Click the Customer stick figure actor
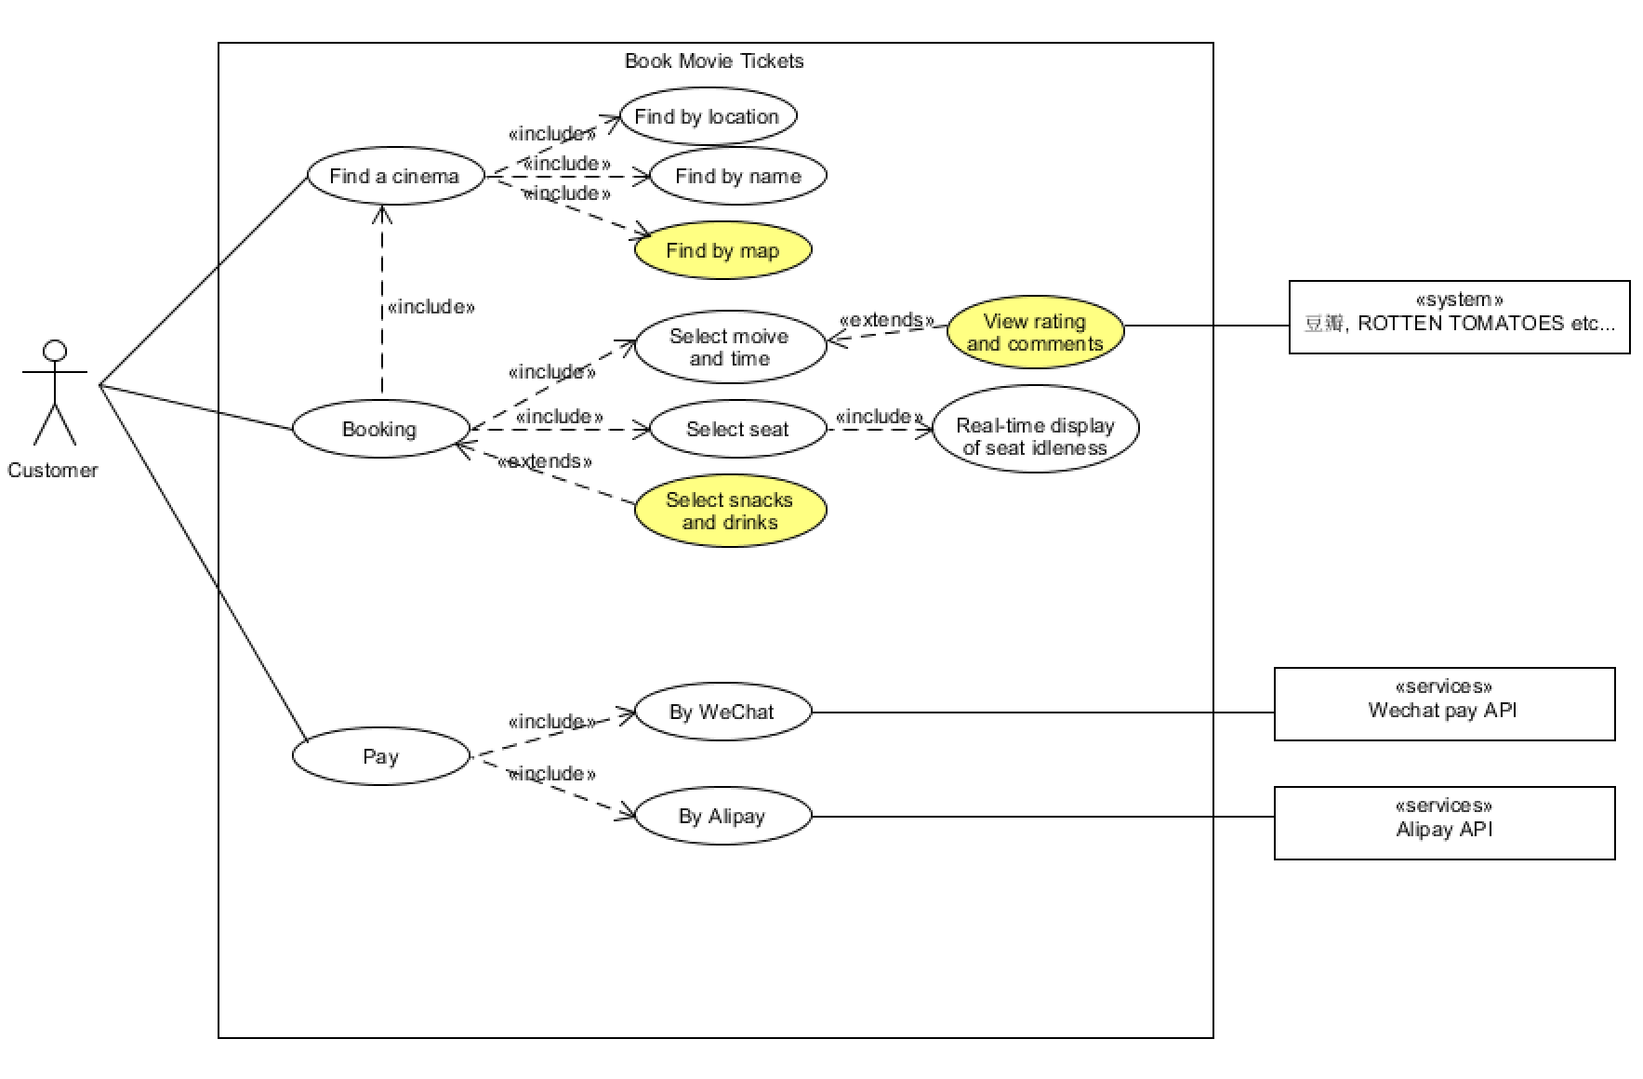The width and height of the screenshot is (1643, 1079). click(55, 393)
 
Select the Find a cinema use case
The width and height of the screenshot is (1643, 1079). click(395, 176)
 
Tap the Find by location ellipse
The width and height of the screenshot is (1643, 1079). click(708, 117)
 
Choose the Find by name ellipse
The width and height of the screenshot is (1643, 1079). click(737, 176)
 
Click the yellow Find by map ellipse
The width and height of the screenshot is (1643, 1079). click(722, 250)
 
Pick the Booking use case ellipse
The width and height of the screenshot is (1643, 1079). click(380, 429)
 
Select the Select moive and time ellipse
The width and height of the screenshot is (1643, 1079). click(730, 347)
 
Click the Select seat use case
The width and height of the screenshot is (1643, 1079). click(737, 429)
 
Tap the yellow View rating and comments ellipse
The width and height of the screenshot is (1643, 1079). click(1035, 332)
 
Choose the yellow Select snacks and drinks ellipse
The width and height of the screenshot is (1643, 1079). click(730, 511)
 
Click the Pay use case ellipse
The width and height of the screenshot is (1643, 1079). click(380, 756)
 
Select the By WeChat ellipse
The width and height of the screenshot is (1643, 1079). click(722, 712)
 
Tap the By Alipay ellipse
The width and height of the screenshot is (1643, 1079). click(722, 816)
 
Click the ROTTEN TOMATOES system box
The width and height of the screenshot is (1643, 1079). click(1459, 317)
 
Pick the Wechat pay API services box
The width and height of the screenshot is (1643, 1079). click(1444, 704)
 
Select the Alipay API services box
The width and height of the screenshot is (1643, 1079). click(1444, 823)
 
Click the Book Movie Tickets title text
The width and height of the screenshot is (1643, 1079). click(714, 61)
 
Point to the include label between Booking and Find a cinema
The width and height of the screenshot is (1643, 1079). click(431, 307)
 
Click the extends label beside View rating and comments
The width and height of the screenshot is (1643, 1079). click(886, 320)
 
